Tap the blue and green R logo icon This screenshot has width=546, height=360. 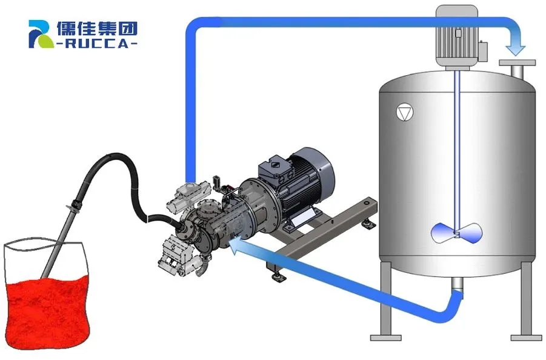[x=41, y=34]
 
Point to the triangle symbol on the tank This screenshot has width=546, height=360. [x=405, y=113]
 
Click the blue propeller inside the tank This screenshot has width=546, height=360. [x=457, y=233]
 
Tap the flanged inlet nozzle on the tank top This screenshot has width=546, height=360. [x=517, y=68]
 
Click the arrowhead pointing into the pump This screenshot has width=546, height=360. [x=237, y=245]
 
